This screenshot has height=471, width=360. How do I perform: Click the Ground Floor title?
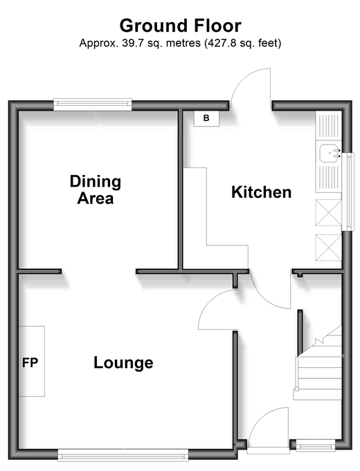click(180, 26)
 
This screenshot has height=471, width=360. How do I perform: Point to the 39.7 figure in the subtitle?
click(132, 44)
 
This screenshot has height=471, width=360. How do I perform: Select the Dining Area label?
click(96, 190)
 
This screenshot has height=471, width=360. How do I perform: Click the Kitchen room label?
click(262, 192)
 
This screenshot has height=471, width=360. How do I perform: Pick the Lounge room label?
click(123, 363)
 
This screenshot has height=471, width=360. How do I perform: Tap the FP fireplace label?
click(30, 363)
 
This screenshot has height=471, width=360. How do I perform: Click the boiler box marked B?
click(206, 118)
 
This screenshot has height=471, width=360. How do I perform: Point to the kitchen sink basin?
click(330, 153)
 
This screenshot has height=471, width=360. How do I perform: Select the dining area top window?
click(93, 104)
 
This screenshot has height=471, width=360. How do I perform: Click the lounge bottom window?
click(123, 455)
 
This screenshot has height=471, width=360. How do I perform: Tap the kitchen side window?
click(348, 192)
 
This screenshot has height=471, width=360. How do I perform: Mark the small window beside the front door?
click(316, 445)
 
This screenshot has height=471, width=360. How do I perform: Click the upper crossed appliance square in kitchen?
click(328, 212)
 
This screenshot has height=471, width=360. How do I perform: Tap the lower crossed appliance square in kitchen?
click(328, 247)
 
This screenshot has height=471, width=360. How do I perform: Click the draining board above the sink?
click(328, 125)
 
